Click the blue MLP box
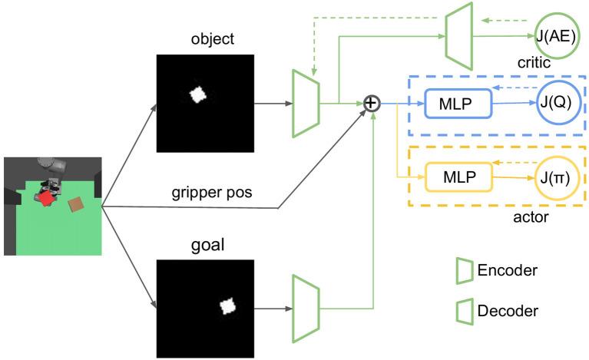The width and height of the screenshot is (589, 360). [457, 103]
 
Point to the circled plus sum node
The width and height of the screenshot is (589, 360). [372, 103]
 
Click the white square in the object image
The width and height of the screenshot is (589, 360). [197, 94]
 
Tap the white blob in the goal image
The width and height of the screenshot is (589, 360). [227, 306]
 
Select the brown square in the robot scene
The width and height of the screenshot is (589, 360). [77, 203]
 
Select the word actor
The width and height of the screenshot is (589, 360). [531, 219]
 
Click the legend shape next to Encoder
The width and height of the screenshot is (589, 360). [463, 270]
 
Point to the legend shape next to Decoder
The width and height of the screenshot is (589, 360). [463, 311]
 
